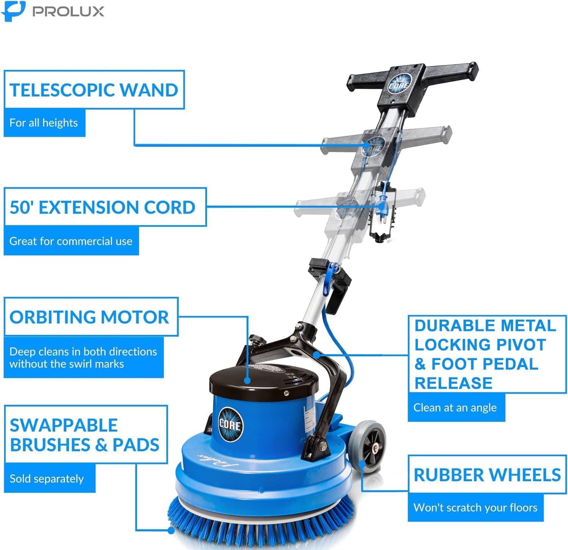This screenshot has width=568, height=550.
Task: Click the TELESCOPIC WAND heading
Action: [x=94, y=90]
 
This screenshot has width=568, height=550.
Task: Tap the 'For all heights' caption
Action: [x=44, y=123]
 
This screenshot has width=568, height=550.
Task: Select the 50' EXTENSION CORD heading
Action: [x=102, y=207]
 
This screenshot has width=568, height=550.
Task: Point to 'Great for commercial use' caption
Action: [x=71, y=241]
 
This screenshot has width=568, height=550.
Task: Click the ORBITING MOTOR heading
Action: [x=89, y=317]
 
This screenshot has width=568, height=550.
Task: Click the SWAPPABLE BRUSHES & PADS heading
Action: [x=84, y=435]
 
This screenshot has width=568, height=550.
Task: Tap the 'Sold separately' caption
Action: [x=47, y=479]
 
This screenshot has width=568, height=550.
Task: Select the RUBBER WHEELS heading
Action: [x=487, y=475]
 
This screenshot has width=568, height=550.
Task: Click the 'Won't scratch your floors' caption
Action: [x=475, y=507]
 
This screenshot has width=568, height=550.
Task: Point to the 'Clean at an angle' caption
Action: [x=455, y=407]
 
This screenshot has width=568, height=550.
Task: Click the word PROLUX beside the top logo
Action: [x=68, y=11]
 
